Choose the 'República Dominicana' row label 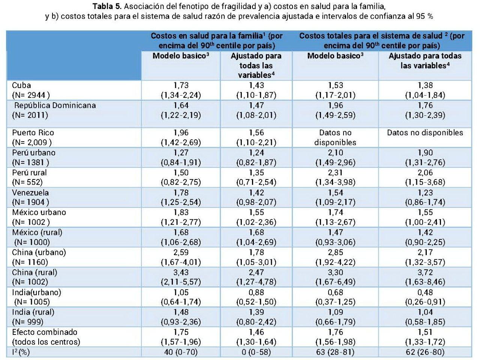[x=55, y=106]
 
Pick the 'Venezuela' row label [x=30, y=193]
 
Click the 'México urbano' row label [x=39, y=212]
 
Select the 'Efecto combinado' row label [x=45, y=332]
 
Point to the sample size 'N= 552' [x=27, y=182]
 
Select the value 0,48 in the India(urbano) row [x=425, y=293]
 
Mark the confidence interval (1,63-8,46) [x=425, y=282]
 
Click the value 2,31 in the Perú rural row [x=335, y=173]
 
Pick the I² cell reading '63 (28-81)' [x=335, y=352]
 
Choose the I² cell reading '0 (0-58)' [x=256, y=352]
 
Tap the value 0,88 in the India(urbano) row [x=256, y=293]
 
